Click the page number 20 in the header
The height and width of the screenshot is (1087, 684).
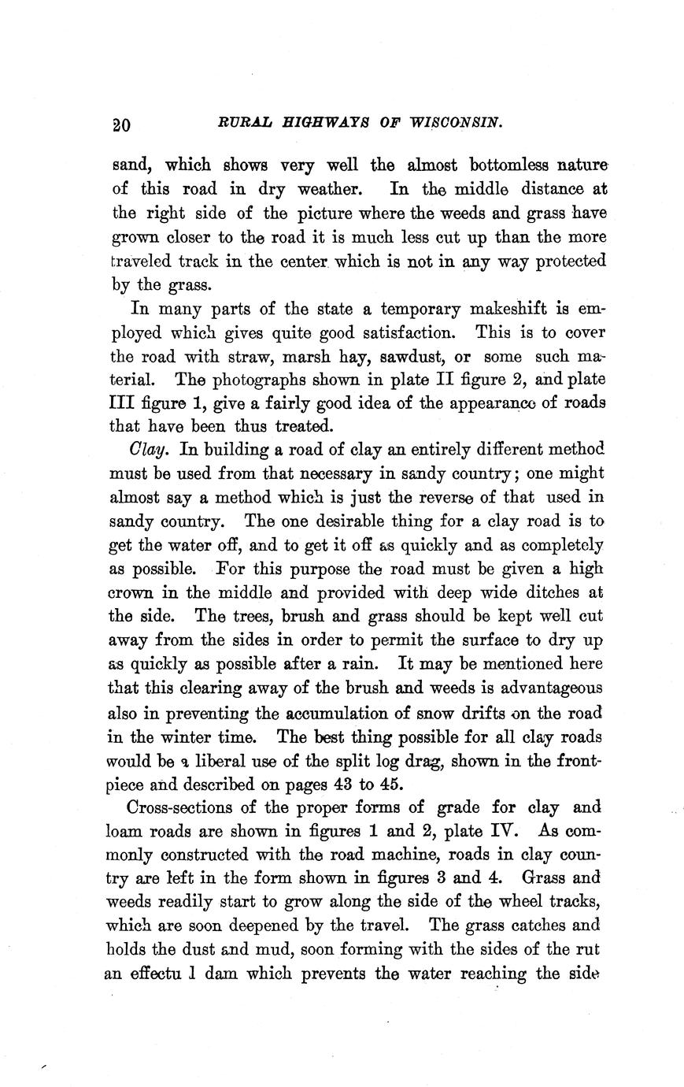[122, 124]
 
